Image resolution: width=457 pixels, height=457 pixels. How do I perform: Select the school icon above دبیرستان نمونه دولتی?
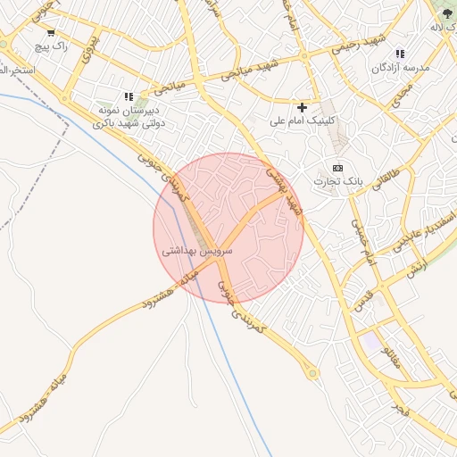(x=129, y=96)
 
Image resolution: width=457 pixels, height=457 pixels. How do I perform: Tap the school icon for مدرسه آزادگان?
(x=399, y=54)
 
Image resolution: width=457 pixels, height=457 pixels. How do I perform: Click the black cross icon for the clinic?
(x=303, y=107)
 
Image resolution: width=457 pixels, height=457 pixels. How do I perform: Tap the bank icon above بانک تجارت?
(x=337, y=168)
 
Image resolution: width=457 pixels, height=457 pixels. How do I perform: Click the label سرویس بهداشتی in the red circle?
(x=197, y=252)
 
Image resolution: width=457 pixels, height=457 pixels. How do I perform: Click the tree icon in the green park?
(x=446, y=12)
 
